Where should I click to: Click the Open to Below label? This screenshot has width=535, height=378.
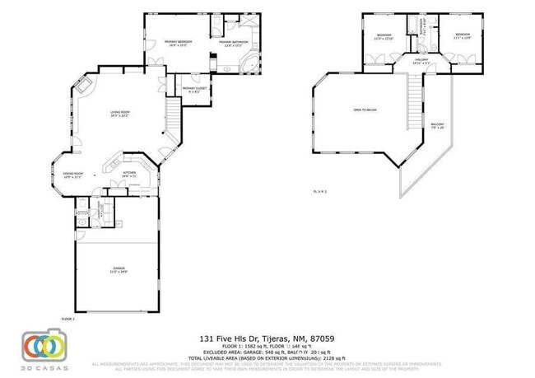coord(365,110)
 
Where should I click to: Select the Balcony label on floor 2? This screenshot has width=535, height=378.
coord(438,126)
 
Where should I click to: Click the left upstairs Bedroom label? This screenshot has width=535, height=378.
coord(384,36)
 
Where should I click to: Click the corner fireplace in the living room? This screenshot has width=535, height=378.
coord(85,87)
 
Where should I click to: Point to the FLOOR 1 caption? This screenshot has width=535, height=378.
coord(67,318)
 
